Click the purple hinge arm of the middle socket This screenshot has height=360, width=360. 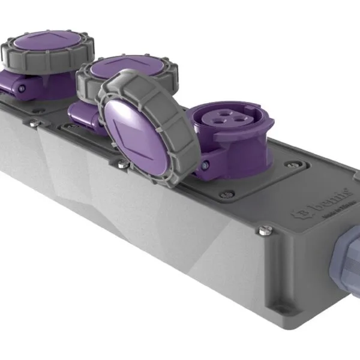[81, 112]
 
